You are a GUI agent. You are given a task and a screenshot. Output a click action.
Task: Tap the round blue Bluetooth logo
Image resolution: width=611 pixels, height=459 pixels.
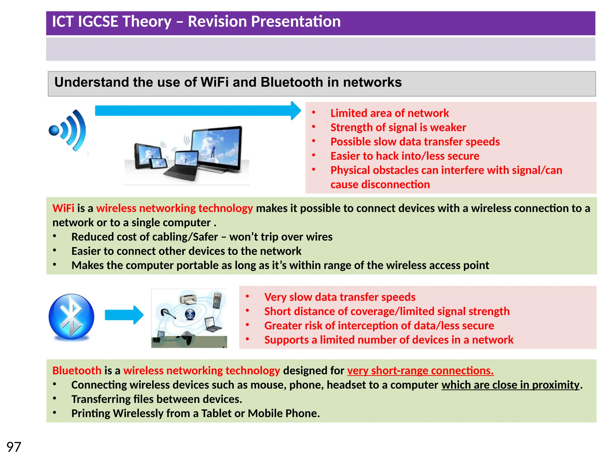point(71,317)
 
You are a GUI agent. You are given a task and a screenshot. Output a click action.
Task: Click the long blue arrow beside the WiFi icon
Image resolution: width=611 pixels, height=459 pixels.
point(197,111)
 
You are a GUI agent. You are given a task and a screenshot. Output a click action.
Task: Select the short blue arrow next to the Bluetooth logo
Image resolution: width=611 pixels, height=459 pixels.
point(124,315)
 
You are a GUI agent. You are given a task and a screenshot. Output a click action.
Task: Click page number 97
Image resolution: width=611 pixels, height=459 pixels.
point(14,447)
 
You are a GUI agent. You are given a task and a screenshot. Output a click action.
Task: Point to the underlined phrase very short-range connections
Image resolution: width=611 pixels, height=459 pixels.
point(420,371)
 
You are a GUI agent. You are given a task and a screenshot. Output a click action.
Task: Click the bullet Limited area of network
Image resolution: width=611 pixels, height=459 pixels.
point(389,113)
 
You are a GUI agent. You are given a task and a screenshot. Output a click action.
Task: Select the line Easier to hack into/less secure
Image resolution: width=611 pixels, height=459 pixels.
point(405,156)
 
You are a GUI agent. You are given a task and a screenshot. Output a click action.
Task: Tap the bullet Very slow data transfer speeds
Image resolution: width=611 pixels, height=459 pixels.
point(340,297)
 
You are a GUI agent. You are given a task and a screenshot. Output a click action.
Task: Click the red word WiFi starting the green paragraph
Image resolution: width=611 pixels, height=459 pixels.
point(63,208)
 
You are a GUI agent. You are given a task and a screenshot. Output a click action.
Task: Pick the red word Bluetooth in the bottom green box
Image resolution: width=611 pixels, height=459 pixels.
point(77,371)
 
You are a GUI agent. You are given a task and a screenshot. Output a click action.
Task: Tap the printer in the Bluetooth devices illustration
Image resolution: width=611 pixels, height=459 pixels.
point(187,299)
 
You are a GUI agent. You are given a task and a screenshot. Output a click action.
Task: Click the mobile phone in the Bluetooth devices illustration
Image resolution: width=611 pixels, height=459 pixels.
point(217,300)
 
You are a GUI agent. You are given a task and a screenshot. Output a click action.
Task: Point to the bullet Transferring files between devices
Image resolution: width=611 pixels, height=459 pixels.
point(156,399)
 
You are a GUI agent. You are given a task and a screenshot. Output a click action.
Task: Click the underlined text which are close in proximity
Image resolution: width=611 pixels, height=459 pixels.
point(510,385)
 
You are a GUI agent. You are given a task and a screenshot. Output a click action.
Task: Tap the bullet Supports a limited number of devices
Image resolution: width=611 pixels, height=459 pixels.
point(388,340)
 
